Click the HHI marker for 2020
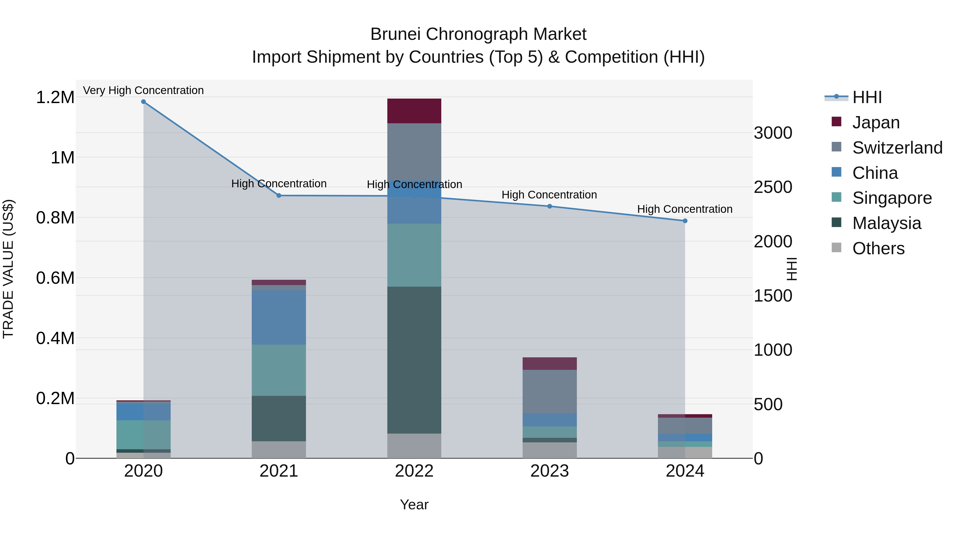[143, 102]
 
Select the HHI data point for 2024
[685, 221]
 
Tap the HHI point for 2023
[549, 206]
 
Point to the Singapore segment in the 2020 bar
[143, 434]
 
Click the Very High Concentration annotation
[143, 91]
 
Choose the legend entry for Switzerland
[897, 148]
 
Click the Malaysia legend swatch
[836, 222]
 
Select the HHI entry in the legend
[867, 97]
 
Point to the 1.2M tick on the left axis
[55, 98]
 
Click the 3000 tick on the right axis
[773, 133]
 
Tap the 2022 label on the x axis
[414, 471]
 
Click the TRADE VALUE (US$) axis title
[9, 269]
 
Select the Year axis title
[414, 505]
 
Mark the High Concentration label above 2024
[685, 209]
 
